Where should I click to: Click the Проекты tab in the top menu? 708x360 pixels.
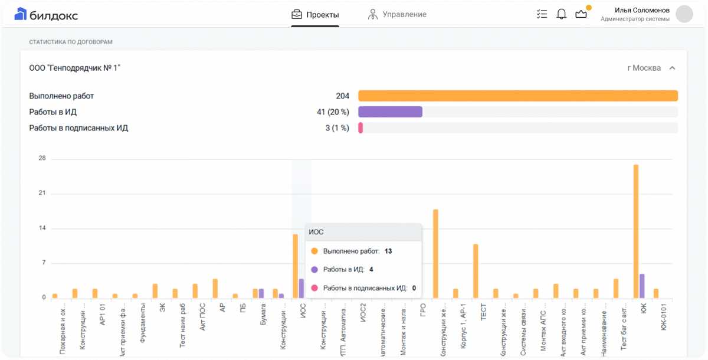tap(315, 14)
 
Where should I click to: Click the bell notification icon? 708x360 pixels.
tap(562, 14)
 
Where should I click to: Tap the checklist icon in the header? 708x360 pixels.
tap(542, 14)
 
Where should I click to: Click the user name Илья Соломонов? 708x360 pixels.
tap(642, 10)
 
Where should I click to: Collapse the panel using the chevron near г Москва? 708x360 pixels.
tap(672, 68)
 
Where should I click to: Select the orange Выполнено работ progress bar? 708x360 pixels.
tap(517, 96)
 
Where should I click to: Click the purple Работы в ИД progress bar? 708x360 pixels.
tap(390, 112)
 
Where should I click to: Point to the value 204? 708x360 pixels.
tap(342, 96)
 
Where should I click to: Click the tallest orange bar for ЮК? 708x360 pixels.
tap(636, 231)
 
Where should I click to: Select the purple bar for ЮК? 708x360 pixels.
tap(642, 286)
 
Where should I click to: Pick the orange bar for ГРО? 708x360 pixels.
tap(435, 254)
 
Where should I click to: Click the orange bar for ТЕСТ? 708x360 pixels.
tap(476, 271)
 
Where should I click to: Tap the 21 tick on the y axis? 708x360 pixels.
tap(42, 194)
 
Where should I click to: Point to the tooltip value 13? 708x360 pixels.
tap(388, 251)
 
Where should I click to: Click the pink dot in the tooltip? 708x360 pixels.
tap(314, 288)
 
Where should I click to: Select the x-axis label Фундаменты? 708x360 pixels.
tap(143, 323)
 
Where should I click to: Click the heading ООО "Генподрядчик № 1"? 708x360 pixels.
tap(75, 68)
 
